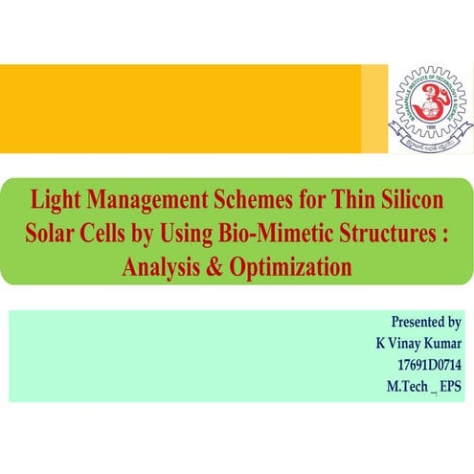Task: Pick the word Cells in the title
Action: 107,236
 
